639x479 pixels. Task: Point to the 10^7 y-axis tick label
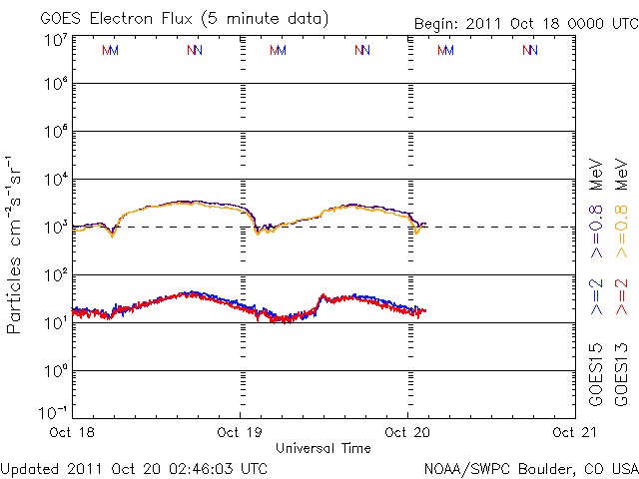coord(54,40)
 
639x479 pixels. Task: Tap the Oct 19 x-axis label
coord(241,432)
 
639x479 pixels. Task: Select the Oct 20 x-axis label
coord(408,432)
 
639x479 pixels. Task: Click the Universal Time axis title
coord(323,448)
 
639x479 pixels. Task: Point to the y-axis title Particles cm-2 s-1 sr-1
coord(16,244)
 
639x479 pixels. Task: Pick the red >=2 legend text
coord(621,296)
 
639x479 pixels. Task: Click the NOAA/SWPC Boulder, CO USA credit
coord(530,468)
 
